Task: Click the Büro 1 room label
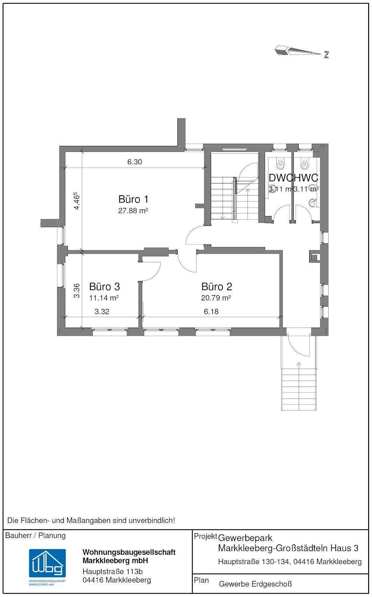[x=133, y=199]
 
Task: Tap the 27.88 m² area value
[x=133, y=211]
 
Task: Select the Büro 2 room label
[x=217, y=287]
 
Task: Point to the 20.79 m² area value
[x=216, y=298]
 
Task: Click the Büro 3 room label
[x=104, y=287]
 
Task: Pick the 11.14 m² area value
[x=104, y=298]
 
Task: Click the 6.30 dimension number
[x=134, y=162]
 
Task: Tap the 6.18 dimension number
[x=211, y=312]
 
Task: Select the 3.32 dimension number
[x=102, y=312]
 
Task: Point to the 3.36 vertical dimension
[x=77, y=291]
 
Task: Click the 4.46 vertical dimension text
[x=76, y=201]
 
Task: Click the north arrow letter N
[x=326, y=55]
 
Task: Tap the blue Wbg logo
[x=47, y=563]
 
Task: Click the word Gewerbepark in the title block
[x=245, y=538]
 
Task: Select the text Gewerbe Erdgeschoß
[x=255, y=584]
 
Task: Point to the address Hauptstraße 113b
[x=112, y=572]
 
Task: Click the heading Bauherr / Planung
[x=35, y=536]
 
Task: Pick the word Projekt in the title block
[x=205, y=536]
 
